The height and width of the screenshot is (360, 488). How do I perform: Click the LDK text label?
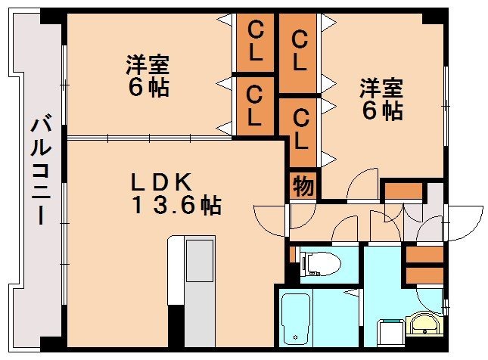(x=165, y=182)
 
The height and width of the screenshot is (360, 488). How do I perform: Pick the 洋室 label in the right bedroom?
(x=381, y=88)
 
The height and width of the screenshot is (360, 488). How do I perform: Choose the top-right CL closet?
(x=300, y=48)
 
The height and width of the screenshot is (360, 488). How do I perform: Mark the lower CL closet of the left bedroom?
(x=256, y=106)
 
